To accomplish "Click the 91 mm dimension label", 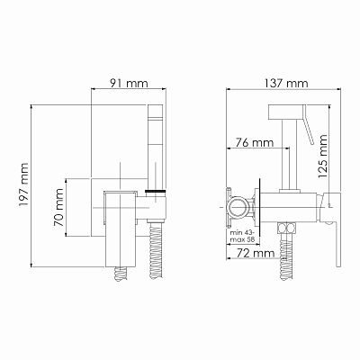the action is click(129, 83).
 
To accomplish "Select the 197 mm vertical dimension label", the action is click(23, 184).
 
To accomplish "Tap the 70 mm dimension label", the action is click(58, 208).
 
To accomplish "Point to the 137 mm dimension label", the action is click(286, 83).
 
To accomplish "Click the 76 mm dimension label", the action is click(255, 142).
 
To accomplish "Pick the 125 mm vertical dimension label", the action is click(323, 156).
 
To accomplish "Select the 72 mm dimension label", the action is click(256, 253).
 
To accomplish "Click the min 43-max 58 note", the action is click(242, 237).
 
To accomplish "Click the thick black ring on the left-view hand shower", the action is click(156, 191).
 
